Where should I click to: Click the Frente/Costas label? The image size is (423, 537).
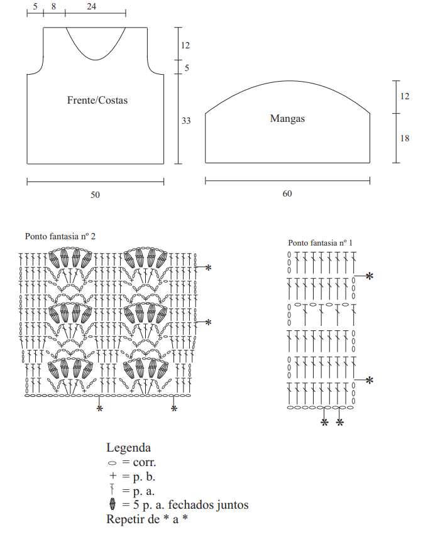97,100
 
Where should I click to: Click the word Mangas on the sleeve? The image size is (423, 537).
287,119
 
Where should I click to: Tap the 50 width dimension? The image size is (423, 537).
96,195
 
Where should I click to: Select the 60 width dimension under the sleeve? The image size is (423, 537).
287,194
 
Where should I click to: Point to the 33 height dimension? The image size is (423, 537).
186,121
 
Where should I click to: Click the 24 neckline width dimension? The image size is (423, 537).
92,6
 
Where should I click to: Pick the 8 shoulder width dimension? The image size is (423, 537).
54,6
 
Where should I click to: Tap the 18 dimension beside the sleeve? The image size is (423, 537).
405,138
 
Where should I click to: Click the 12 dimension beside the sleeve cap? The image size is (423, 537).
405,96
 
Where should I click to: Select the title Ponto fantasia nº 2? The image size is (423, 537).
60,236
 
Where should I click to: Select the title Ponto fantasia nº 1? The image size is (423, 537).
320,243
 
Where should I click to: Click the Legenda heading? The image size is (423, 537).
129,448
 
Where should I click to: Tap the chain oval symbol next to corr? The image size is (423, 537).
112,463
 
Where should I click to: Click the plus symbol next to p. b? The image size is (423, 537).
113,475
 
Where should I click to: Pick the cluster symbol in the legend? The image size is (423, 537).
113,504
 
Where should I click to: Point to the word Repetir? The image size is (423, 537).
133,519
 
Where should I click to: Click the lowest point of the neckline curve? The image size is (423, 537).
96,60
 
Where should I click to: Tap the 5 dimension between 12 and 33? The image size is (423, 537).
187,68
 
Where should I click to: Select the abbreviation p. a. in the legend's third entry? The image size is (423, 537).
144,491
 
